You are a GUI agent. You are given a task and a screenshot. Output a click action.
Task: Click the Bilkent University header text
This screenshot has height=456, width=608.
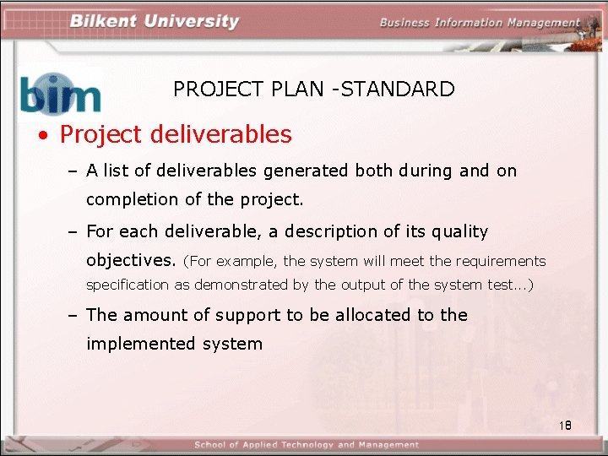[x=155, y=21]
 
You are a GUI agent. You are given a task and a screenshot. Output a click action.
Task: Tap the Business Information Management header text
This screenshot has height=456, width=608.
[x=479, y=23]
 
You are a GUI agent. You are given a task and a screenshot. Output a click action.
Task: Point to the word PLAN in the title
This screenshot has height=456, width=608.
[x=299, y=89]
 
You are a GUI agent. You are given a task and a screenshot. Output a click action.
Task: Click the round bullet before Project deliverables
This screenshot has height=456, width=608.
[x=41, y=135]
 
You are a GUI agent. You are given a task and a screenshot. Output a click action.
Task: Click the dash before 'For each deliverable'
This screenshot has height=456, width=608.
[x=73, y=231]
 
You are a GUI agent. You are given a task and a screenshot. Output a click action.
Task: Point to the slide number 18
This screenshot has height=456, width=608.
[x=565, y=426]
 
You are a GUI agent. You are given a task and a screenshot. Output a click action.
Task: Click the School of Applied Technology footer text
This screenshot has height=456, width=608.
[x=306, y=445]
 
